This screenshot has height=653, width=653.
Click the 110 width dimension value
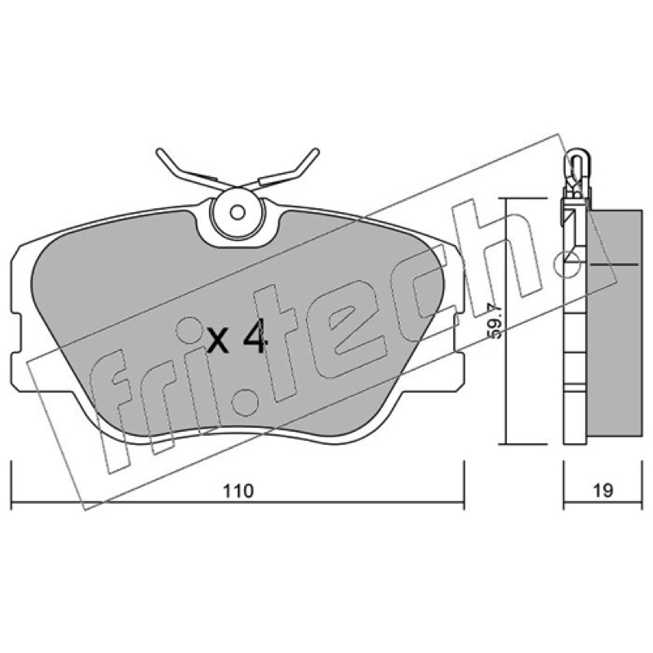pyautogui.click(x=238, y=491)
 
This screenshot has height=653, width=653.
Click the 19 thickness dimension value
pyautogui.click(x=603, y=491)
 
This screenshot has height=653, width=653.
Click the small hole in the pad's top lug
pyautogui.click(x=238, y=213)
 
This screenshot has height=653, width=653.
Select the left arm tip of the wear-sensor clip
pyautogui.click(x=158, y=152)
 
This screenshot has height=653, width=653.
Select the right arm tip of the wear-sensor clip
pyautogui.click(x=316, y=151)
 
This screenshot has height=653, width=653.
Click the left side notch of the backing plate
pyautogui.click(x=16, y=333)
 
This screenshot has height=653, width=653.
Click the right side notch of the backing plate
pyautogui.click(x=458, y=333)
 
